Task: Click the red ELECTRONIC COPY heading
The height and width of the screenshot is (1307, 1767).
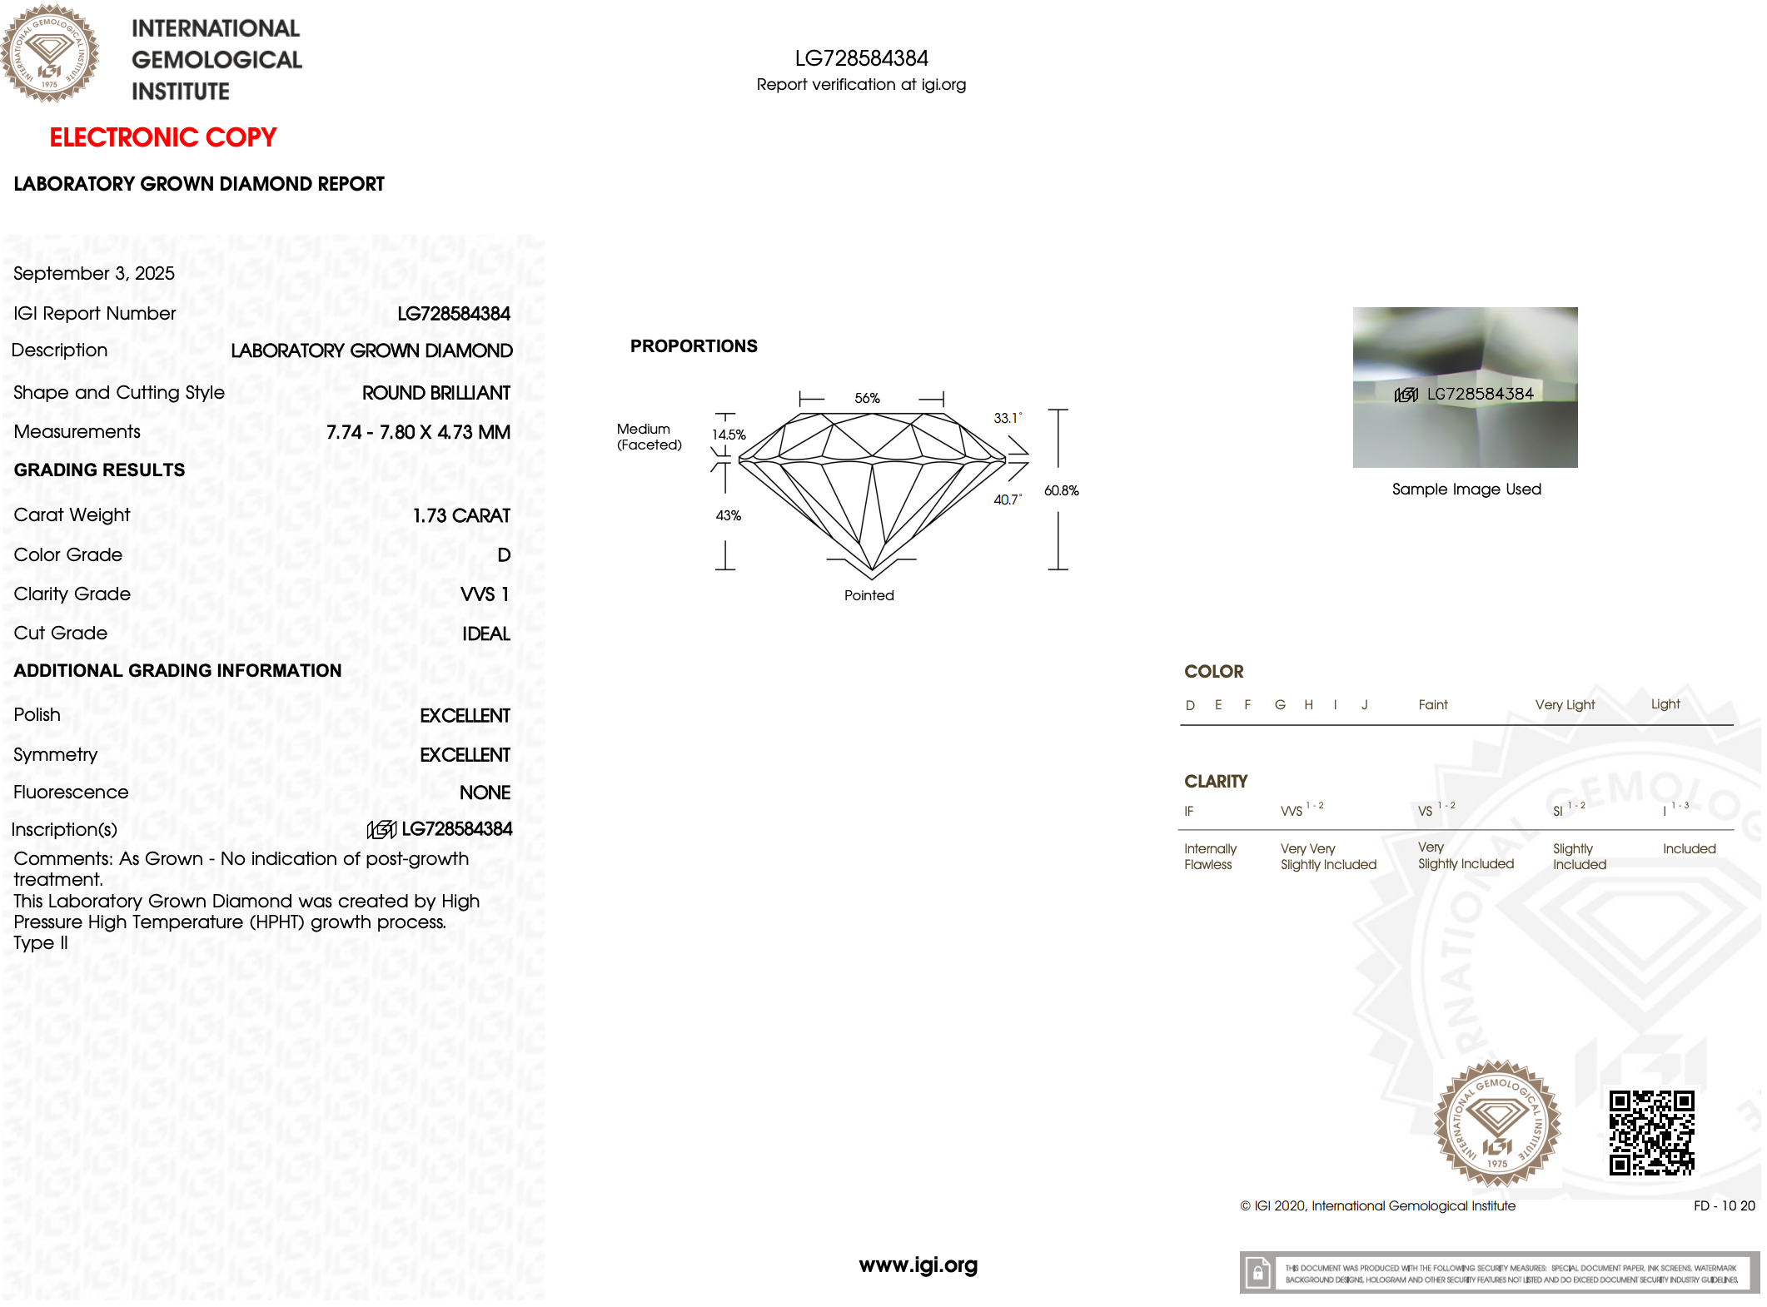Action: [x=162, y=137]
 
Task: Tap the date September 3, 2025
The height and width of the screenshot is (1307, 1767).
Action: [x=94, y=273]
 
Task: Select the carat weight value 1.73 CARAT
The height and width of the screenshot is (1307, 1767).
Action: [x=461, y=515]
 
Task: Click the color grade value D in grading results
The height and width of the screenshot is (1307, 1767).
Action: [x=504, y=554]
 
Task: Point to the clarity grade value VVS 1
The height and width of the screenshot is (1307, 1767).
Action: [x=485, y=594]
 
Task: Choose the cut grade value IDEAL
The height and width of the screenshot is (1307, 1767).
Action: [x=486, y=634]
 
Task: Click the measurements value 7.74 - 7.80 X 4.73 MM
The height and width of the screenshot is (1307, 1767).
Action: [x=418, y=432]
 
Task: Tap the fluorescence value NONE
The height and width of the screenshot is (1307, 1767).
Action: [x=485, y=793]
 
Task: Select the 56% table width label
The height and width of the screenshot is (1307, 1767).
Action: [x=867, y=398]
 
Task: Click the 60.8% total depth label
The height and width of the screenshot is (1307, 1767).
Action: [x=1061, y=490]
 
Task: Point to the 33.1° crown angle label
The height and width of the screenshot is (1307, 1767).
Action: [x=1007, y=418]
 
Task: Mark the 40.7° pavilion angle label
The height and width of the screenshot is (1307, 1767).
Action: [x=1007, y=499]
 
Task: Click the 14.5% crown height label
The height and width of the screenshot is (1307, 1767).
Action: [x=729, y=435]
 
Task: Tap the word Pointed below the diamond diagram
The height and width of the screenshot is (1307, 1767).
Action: [x=869, y=595]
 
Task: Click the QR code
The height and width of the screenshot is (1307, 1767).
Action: [x=1651, y=1132]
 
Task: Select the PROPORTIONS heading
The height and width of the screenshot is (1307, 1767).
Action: [x=694, y=346]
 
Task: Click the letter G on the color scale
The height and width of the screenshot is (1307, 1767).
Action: [x=1280, y=705]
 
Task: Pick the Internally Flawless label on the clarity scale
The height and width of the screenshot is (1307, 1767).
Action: [x=1210, y=857]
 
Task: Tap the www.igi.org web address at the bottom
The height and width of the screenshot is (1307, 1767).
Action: [x=918, y=1265]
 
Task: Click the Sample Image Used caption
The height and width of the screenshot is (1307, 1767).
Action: [x=1466, y=490]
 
